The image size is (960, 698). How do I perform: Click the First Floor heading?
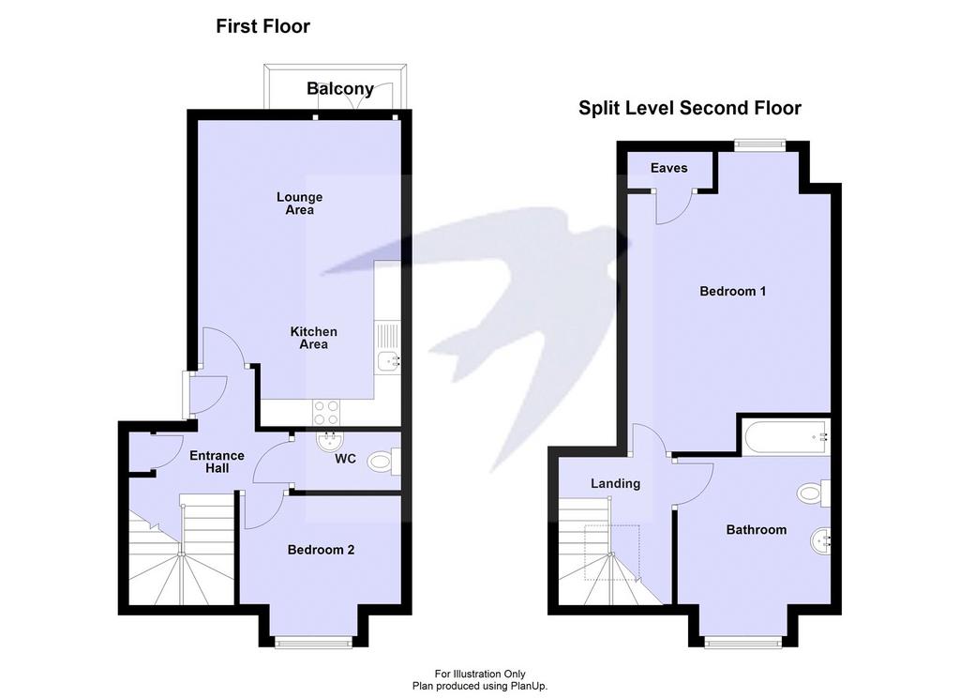pyautogui.click(x=263, y=26)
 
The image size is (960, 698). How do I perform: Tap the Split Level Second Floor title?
pyautogui.click(x=690, y=109)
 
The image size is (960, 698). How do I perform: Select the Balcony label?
pyautogui.click(x=340, y=89)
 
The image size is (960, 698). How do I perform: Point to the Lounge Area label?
pyautogui.click(x=299, y=204)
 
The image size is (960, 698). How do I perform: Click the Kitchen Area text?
pyautogui.click(x=313, y=338)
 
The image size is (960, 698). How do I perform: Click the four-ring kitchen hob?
pyautogui.click(x=325, y=412)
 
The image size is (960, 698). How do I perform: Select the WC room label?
pyautogui.click(x=345, y=459)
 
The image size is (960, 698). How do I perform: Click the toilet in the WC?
pyautogui.click(x=383, y=462)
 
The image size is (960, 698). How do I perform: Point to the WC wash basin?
pyautogui.click(x=331, y=440)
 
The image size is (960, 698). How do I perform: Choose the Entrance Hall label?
pyautogui.click(x=217, y=463)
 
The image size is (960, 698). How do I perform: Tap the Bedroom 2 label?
pyautogui.click(x=321, y=551)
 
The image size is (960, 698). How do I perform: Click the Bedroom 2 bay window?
pyautogui.click(x=313, y=642)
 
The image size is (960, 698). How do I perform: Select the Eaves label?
pyautogui.click(x=668, y=168)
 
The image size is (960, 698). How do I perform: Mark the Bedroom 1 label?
pyautogui.click(x=733, y=291)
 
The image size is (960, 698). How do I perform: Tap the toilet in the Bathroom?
pyautogui.click(x=814, y=493)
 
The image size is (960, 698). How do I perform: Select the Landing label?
pyautogui.click(x=615, y=483)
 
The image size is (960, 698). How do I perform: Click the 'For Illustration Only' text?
pyautogui.click(x=480, y=675)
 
